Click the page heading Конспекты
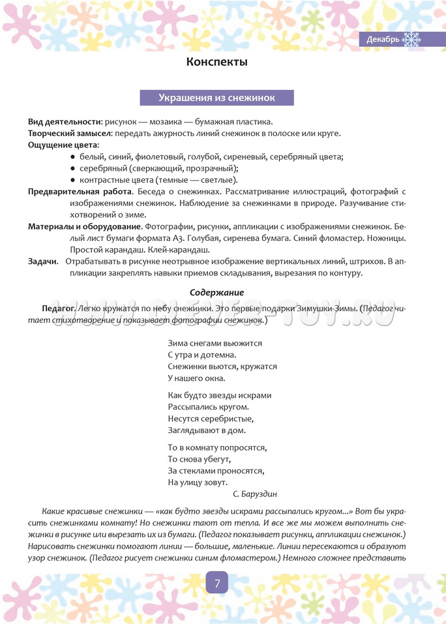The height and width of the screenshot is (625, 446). pyautogui.click(x=217, y=62)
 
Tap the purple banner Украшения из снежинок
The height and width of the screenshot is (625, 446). pyautogui.click(x=216, y=98)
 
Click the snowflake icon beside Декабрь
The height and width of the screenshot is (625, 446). pyautogui.click(x=411, y=40)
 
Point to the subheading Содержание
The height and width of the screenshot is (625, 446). pyautogui.click(x=216, y=292)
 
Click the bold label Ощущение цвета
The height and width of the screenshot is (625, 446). pyautogui.click(x=63, y=145)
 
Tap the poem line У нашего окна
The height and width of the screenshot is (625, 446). pyautogui.click(x=196, y=378)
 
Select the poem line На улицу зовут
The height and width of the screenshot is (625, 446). pyautogui.click(x=197, y=482)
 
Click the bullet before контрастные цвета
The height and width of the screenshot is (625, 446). pyautogui.click(x=72, y=180)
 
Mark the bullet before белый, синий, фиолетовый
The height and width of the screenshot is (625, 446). pyautogui.click(x=72, y=157)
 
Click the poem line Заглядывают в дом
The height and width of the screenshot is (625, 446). pyautogui.click(x=207, y=430)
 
